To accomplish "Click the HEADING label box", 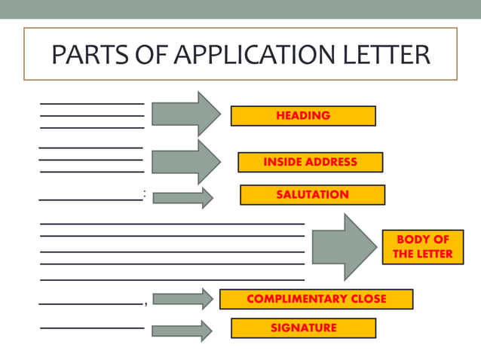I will pyautogui.click(x=302, y=116).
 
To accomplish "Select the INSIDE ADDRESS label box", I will pyautogui.click(x=310, y=162).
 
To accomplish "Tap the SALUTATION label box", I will pyautogui.click(x=312, y=194).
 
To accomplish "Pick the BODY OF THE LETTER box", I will pyautogui.click(x=422, y=246).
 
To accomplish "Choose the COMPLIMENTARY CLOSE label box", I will pyautogui.click(x=316, y=299).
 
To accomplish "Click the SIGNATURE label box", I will pyautogui.click(x=303, y=328).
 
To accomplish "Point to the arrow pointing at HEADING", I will pyautogui.click(x=185, y=114).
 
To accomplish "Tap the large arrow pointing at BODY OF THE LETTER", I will pyautogui.click(x=344, y=247).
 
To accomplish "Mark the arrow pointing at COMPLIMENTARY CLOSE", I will pyautogui.click(x=182, y=299).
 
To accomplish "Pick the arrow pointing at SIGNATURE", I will pyautogui.click(x=182, y=331).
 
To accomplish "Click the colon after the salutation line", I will pyautogui.click(x=144, y=194).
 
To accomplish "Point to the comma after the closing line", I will pyautogui.click(x=145, y=304).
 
